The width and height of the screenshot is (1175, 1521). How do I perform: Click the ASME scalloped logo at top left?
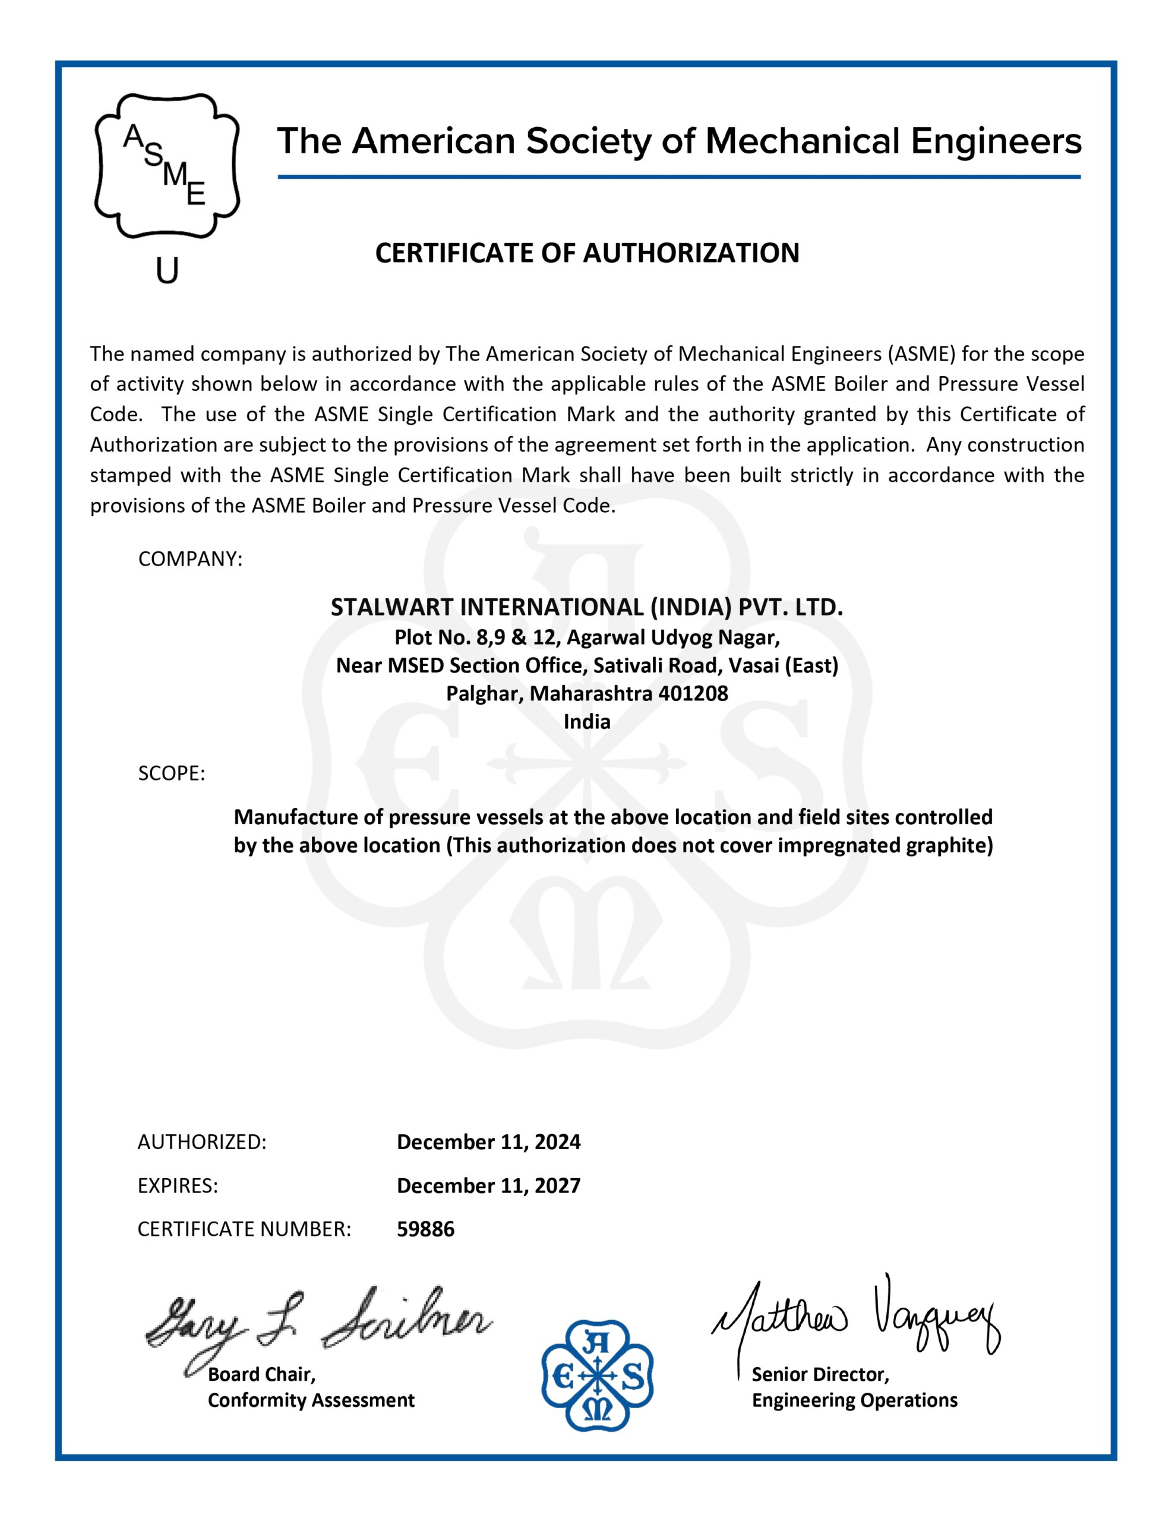[x=167, y=165]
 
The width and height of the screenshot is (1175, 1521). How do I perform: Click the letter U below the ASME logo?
[x=167, y=270]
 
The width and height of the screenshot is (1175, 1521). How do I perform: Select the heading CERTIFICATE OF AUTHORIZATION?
[x=587, y=253]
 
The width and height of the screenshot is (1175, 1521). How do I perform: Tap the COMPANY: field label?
[x=190, y=559]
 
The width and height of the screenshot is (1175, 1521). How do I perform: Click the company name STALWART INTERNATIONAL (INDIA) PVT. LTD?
[x=586, y=607]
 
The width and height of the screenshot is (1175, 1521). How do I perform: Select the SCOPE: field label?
[x=171, y=773]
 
